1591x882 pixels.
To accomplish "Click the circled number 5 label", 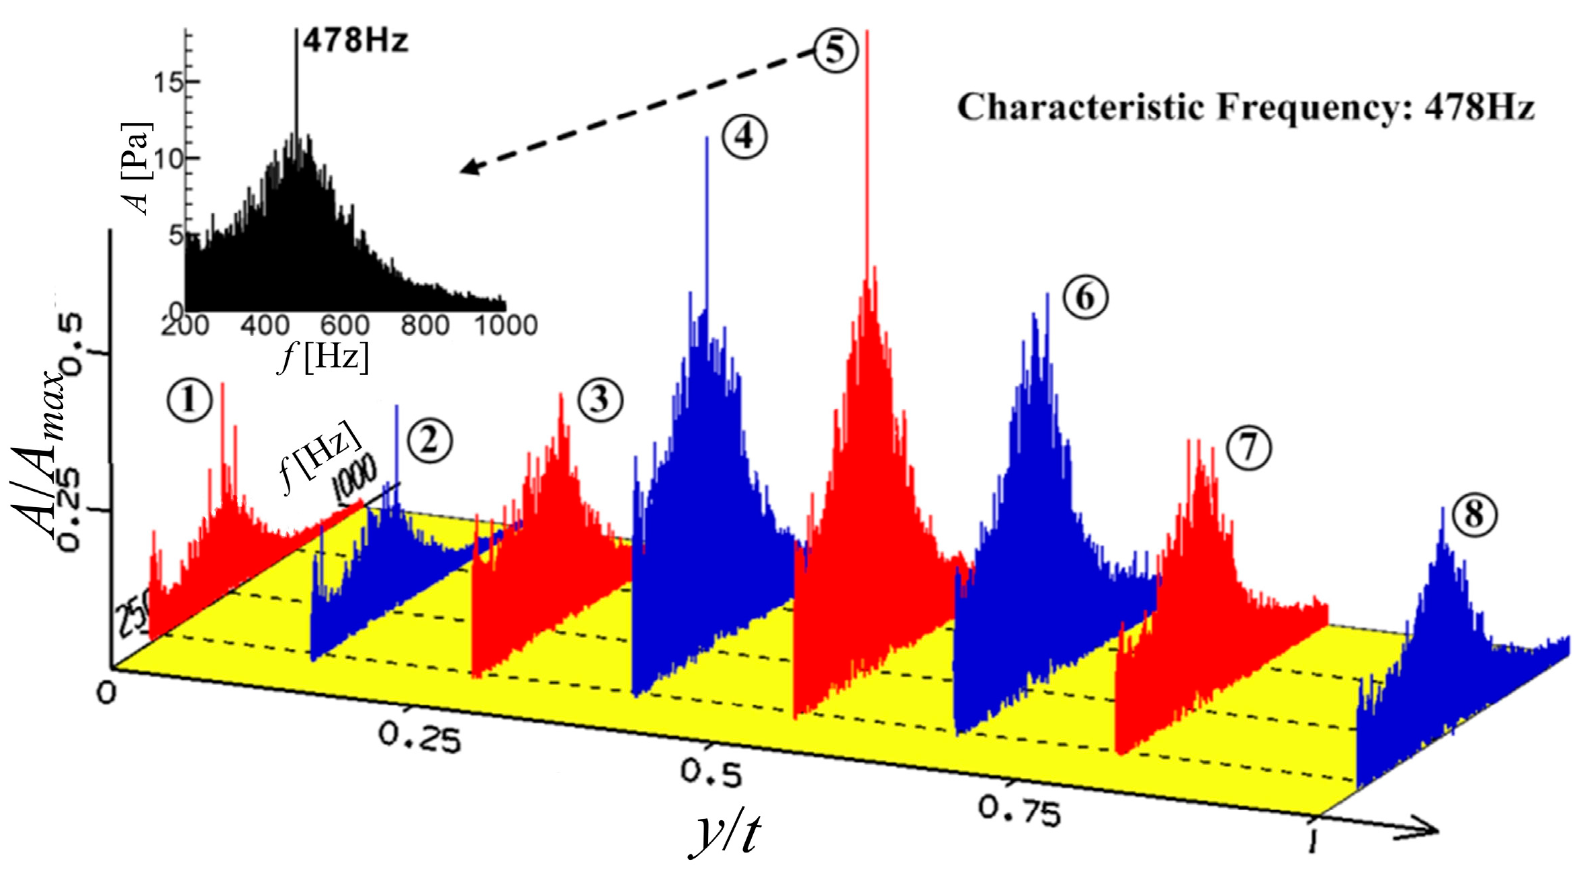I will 835,50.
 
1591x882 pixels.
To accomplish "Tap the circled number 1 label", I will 189,400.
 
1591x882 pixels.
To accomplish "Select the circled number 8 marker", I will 1474,516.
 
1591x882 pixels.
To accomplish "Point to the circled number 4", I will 744,137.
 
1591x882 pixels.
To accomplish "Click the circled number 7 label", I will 1248,448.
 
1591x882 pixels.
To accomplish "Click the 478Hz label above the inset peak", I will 355,42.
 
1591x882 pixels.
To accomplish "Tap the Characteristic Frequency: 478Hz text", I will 1246,107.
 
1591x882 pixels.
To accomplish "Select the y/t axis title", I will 726,833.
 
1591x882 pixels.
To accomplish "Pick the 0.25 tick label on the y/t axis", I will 420,736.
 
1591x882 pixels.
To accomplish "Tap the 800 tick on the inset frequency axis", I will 425,326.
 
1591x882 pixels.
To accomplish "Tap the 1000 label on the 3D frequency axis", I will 354,478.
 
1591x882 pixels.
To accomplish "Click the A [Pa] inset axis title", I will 137,168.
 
